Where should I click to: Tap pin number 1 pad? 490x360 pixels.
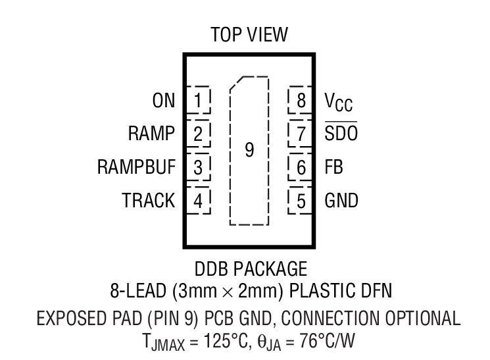click(x=198, y=100)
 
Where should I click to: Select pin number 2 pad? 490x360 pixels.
click(x=198, y=134)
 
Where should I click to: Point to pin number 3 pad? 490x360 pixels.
click(x=198, y=167)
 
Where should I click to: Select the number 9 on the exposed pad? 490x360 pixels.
click(x=249, y=151)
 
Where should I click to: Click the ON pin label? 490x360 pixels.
click(x=164, y=100)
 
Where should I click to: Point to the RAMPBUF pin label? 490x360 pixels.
click(x=137, y=167)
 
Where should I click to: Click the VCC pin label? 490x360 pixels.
click(x=338, y=101)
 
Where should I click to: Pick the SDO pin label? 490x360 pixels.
click(x=340, y=134)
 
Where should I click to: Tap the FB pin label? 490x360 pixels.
click(x=334, y=167)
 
